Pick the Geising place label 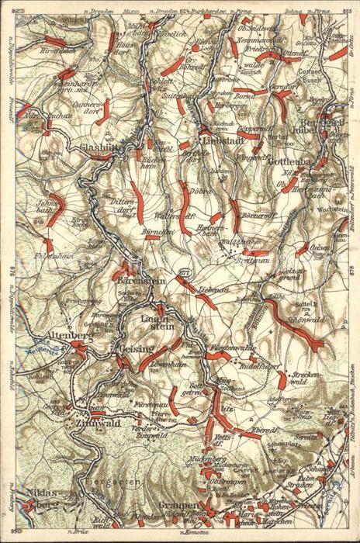(134, 350)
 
